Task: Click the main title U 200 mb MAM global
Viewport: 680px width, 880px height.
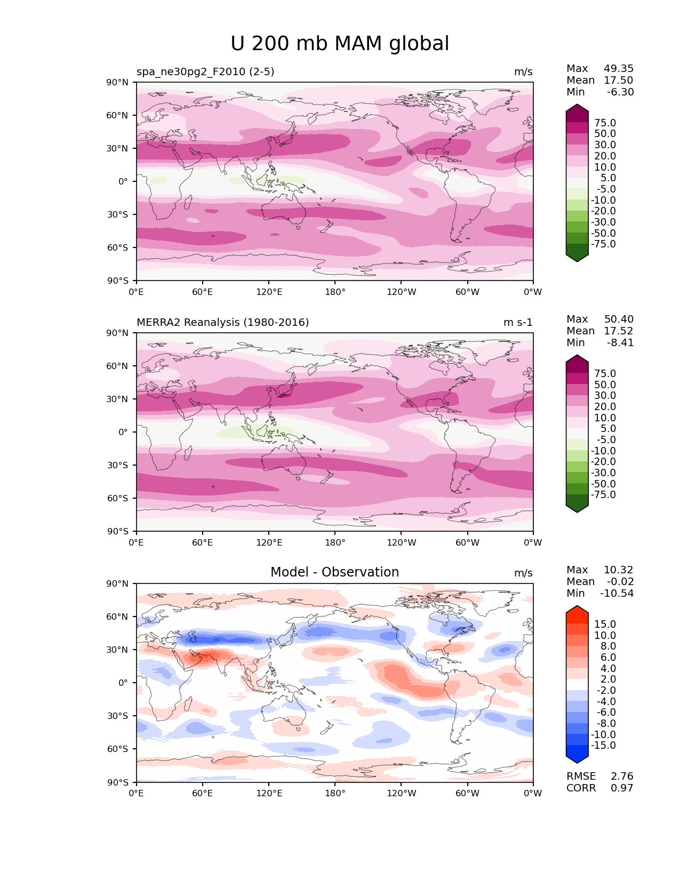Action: pyautogui.click(x=340, y=44)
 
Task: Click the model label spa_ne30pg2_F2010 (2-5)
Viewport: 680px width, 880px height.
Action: pyautogui.click(x=205, y=71)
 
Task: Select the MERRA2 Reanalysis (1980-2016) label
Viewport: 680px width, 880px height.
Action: pyautogui.click(x=222, y=322)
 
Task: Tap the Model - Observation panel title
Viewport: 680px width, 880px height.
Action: pyautogui.click(x=334, y=572)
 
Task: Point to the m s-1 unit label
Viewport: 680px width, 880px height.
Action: pyautogui.click(x=518, y=322)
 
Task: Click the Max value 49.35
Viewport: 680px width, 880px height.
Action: pyautogui.click(x=619, y=68)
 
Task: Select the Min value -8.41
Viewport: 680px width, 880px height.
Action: pyautogui.click(x=620, y=342)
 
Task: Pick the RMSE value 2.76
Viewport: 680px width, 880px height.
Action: pyautogui.click(x=622, y=776)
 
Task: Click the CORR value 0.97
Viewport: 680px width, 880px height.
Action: pyautogui.click(x=622, y=788)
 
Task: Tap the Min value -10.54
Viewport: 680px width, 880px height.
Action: pyautogui.click(x=617, y=593)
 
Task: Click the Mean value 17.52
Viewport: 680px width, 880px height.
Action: pyautogui.click(x=619, y=331)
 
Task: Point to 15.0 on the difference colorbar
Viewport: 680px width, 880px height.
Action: pyautogui.click(x=605, y=624)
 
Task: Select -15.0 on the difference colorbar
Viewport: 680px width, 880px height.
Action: pyautogui.click(x=603, y=745)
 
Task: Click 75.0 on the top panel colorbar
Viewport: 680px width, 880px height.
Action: pyautogui.click(x=605, y=123)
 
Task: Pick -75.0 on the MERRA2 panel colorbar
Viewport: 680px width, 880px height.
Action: pyautogui.click(x=603, y=494)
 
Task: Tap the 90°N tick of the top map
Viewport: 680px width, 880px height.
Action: pyautogui.click(x=118, y=82)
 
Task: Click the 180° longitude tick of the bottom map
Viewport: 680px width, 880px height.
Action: pyautogui.click(x=335, y=793)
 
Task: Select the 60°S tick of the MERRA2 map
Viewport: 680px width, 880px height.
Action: pyautogui.click(x=118, y=498)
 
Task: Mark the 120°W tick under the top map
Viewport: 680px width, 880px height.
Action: pyautogui.click(x=401, y=292)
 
